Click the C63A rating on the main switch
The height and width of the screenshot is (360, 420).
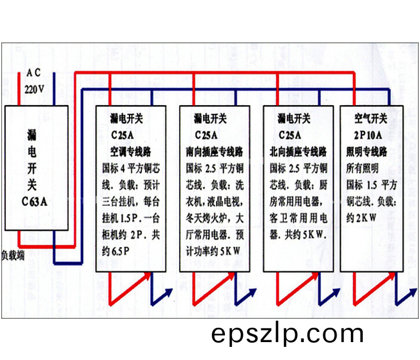pos(35,202)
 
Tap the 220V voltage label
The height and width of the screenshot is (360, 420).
pos(34,89)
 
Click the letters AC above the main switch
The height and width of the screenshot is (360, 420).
pos(34,73)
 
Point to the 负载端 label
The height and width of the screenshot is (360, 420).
pos(13,256)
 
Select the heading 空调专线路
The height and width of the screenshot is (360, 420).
pos(131,152)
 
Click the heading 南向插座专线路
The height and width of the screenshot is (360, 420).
pos(214,152)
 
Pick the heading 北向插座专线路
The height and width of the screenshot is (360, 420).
pos(298,152)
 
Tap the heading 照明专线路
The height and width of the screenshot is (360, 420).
pos(366,152)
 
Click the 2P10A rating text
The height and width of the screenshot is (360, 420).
pos(368,135)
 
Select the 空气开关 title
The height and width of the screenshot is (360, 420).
pos(371,118)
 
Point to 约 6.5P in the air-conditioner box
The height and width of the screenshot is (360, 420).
pos(116,251)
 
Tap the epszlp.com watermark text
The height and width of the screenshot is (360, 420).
pos(288,335)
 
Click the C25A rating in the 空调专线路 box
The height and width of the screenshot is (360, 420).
pos(122,135)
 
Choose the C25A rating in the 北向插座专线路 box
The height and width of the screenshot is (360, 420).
pos(290,135)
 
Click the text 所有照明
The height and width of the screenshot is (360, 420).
pos(362,168)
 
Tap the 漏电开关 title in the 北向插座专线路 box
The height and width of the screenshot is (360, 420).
pos(294,118)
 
